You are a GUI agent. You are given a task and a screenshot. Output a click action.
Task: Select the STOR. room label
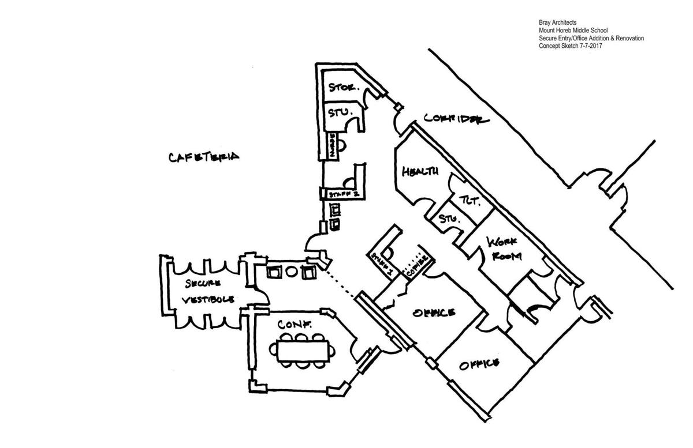(x=344, y=88)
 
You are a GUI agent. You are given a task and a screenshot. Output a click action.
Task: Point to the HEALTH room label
(x=420, y=171)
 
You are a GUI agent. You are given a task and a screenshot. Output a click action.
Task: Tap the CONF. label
(x=295, y=325)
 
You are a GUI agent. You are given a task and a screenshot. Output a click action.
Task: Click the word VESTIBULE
(x=208, y=300)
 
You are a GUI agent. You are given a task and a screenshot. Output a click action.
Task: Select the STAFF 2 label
(x=344, y=194)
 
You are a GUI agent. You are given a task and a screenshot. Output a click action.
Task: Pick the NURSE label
(x=331, y=144)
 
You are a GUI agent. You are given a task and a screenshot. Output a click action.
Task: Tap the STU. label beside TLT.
(x=448, y=219)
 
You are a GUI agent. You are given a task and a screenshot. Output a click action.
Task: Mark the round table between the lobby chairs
(x=290, y=271)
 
